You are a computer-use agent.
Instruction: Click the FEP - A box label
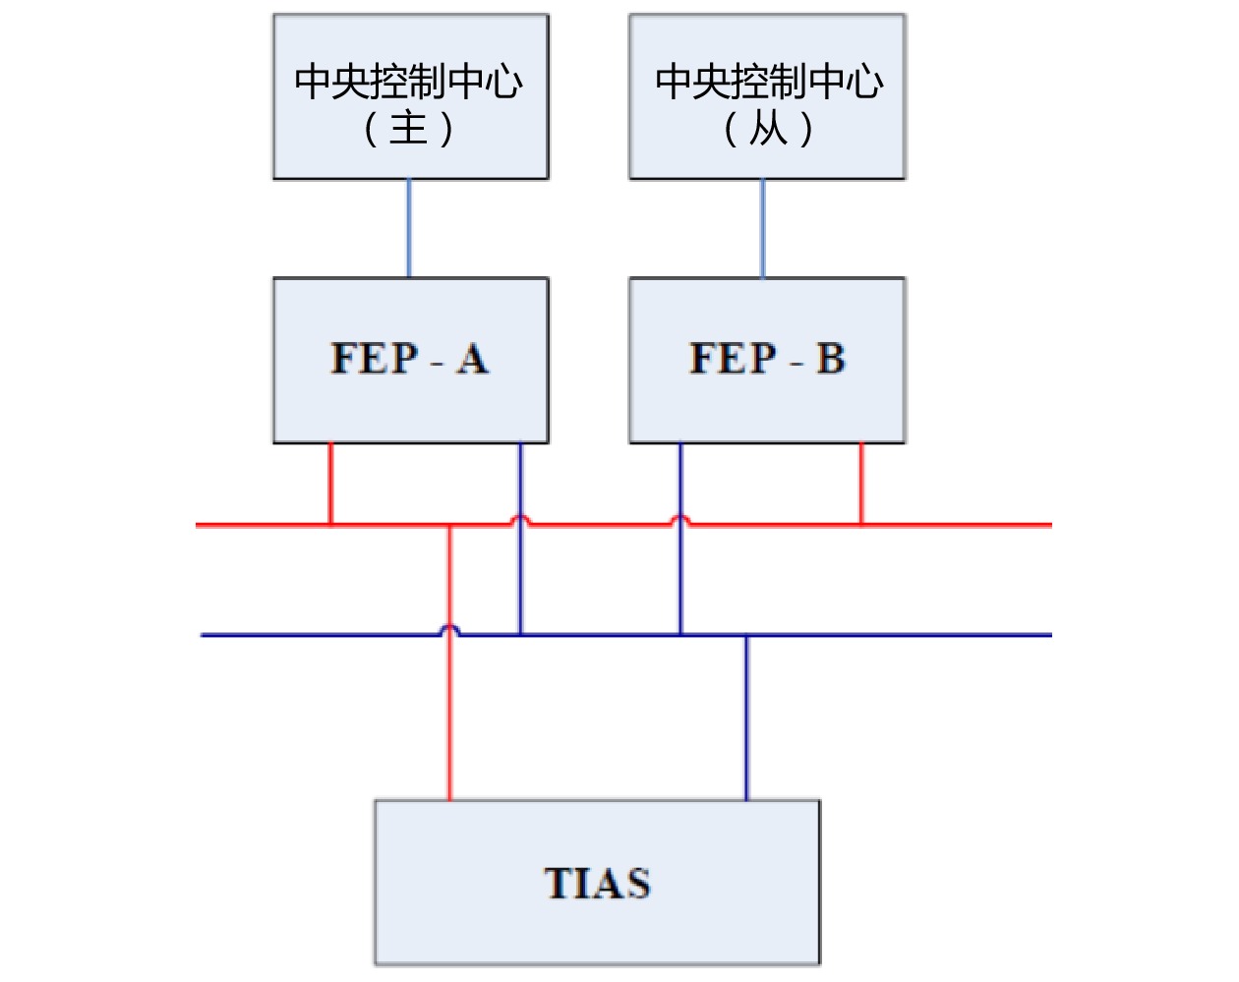coord(409,359)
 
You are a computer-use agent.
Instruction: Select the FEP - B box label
coord(767,359)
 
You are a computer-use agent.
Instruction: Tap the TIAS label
coord(597,883)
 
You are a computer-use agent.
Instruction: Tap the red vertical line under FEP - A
coord(330,484)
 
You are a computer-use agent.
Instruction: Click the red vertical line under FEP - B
coord(861,484)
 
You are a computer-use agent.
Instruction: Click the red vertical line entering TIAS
coord(450,718)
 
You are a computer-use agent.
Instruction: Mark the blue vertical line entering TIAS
coord(746,718)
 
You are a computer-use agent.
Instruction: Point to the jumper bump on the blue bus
coord(449,629)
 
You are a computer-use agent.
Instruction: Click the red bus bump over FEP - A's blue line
coord(520,519)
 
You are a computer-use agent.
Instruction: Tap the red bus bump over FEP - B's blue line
coord(680,519)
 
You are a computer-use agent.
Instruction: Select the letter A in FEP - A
coord(472,359)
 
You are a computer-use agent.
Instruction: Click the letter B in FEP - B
coord(831,359)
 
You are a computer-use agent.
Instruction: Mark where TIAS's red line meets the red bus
coord(450,526)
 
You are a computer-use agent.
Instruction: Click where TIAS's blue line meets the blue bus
coord(746,635)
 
